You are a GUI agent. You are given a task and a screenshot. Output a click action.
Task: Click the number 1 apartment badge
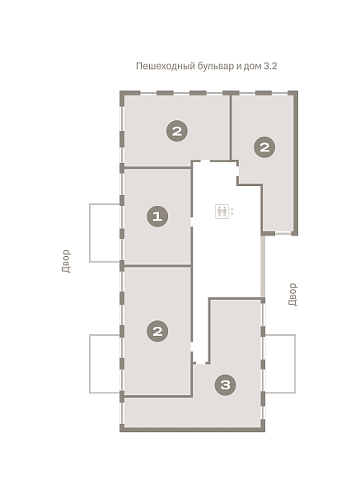tap(157, 217)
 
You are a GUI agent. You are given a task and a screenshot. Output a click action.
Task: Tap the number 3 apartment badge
tap(225, 384)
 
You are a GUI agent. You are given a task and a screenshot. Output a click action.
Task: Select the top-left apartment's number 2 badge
tap(177, 131)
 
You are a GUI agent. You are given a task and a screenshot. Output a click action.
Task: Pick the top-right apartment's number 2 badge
tap(264, 147)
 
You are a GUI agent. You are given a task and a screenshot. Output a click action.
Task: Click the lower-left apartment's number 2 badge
tap(157, 331)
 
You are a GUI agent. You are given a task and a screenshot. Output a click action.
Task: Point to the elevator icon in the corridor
tap(222, 212)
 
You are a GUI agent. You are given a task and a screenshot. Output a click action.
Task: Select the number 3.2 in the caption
tap(270, 66)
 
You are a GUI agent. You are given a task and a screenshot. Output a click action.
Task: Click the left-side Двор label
tap(66, 261)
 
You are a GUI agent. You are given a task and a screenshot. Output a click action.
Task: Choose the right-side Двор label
tap(292, 294)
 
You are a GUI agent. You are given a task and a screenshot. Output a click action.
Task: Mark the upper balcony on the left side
tap(105, 233)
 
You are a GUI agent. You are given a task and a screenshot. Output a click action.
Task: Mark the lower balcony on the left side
tap(105, 364)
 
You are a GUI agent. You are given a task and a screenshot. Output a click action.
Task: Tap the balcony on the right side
tap(280, 364)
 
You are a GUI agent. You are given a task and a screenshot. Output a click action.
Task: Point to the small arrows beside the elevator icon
tap(232, 212)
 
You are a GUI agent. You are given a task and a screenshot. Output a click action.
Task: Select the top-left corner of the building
tap(120, 91)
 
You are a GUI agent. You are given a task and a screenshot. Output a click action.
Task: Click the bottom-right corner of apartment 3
tap(264, 431)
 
